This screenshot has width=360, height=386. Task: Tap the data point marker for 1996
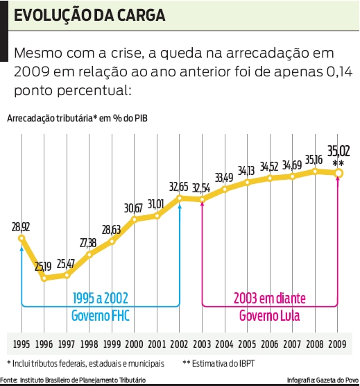pos(44,278)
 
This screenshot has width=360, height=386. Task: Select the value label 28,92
pos(20,226)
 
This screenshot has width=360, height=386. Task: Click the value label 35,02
pos(338,151)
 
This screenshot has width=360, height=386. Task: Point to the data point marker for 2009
pos(338,174)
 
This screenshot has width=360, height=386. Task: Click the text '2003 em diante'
pos(270,299)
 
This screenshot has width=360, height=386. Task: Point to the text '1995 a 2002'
pos(101,299)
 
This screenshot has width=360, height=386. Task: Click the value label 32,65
pos(179,187)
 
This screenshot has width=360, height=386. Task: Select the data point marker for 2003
pos(202,199)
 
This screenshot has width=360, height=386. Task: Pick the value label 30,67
pos(134,208)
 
